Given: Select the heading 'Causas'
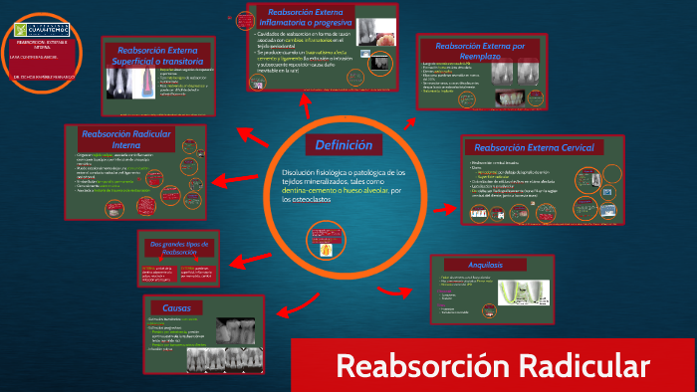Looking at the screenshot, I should tap(183, 306).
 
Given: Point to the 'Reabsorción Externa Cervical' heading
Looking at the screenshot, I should tap(534, 147).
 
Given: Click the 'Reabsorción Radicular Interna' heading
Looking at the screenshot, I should tap(117, 139).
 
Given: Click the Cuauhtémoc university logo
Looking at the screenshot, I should tap(43, 32).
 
